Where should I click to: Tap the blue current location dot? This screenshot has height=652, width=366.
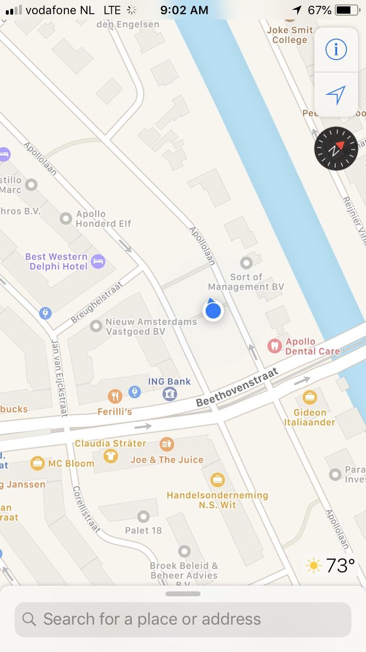point(213,311)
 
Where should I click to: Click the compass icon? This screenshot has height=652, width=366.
point(336,149)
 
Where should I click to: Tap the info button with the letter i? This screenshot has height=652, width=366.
point(336,49)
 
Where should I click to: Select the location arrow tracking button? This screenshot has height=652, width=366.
point(336,95)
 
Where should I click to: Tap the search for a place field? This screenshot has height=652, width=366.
point(183,619)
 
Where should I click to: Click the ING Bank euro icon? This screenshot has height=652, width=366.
point(170,393)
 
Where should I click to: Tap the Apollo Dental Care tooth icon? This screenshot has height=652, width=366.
point(275,346)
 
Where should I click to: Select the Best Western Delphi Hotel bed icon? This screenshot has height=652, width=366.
point(98,261)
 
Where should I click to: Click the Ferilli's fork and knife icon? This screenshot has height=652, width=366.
point(115,396)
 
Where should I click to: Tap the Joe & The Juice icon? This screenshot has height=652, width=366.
point(166,444)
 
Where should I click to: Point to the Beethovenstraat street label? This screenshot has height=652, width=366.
point(237,388)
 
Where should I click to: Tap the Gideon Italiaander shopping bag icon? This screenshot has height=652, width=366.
point(309,397)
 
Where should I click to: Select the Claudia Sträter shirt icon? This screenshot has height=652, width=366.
point(111,456)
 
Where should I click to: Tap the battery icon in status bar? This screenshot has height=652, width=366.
point(347,10)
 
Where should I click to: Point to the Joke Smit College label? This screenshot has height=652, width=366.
point(289,35)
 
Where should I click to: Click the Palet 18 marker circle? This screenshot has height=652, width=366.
point(143,516)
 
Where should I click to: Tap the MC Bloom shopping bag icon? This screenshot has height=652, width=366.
point(37,463)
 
